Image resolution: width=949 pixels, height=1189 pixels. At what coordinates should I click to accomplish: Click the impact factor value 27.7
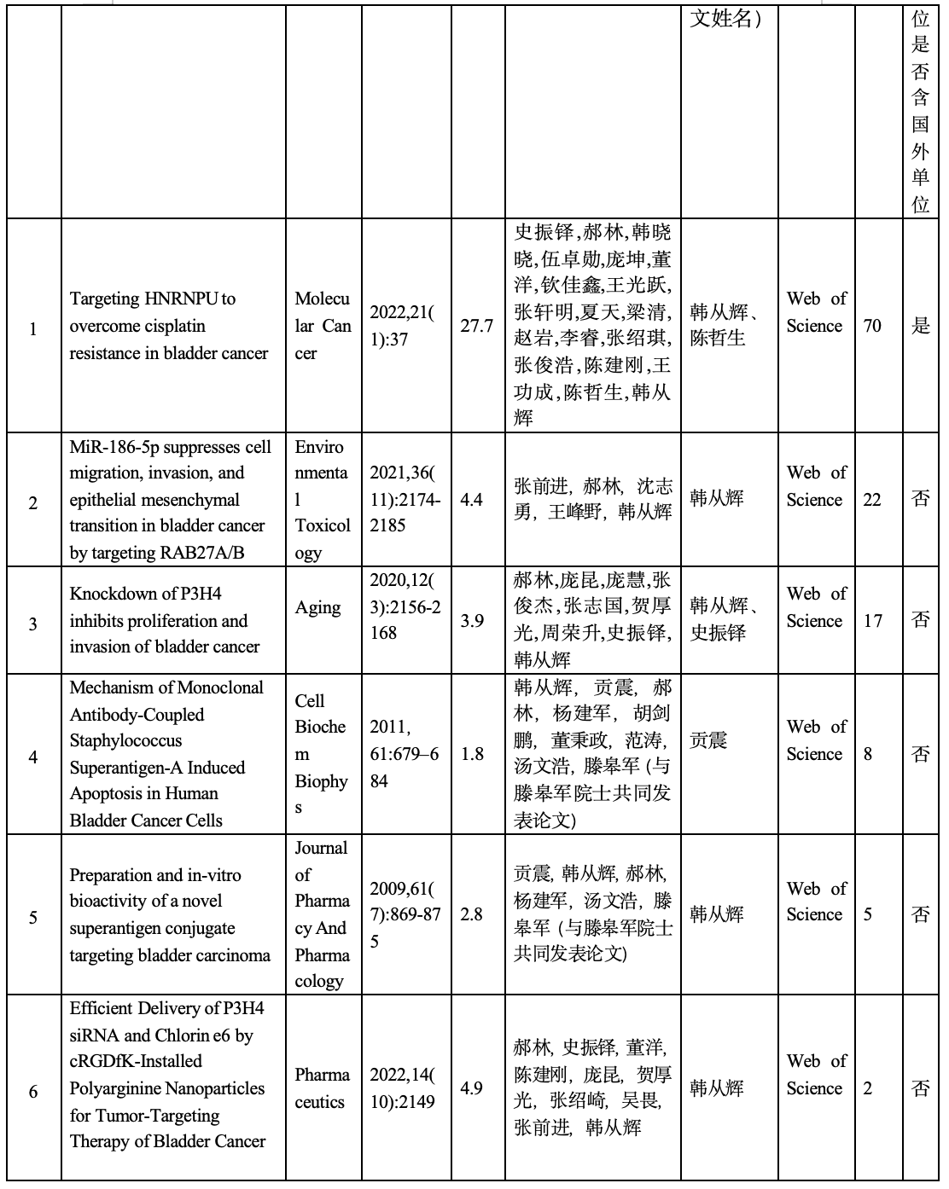pyautogui.click(x=477, y=326)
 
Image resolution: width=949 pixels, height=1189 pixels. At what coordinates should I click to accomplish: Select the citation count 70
pyautogui.click(x=872, y=326)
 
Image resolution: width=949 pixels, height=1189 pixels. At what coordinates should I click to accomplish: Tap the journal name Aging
pyautogui.click(x=318, y=607)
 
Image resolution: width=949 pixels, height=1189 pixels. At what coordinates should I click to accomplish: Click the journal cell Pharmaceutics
pyautogui.click(x=323, y=1088)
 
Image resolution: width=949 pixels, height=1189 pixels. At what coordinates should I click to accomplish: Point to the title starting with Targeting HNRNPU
pyautogui.click(x=169, y=326)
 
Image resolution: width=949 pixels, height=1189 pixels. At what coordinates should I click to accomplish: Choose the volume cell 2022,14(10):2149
pyautogui.click(x=402, y=1088)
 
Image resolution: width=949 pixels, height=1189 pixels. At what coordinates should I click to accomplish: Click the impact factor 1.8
pyautogui.click(x=472, y=754)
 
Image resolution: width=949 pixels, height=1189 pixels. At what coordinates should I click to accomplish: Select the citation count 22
pyautogui.click(x=871, y=500)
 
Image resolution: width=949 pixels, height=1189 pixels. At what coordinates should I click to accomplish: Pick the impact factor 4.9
pyautogui.click(x=472, y=1088)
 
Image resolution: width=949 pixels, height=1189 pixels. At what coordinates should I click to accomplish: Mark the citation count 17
pyautogui.click(x=872, y=621)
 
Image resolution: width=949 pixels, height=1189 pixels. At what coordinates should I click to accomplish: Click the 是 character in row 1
pyautogui.click(x=921, y=326)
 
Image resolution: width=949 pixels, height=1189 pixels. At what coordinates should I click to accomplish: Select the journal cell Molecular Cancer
pyautogui.click(x=323, y=326)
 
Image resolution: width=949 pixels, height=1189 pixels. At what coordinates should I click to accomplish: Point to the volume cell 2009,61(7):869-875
pyautogui.click(x=402, y=914)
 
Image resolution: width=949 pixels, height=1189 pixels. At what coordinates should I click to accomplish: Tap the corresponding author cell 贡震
pyautogui.click(x=708, y=740)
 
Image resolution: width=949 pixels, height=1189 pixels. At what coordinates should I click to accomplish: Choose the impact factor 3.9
pyautogui.click(x=472, y=621)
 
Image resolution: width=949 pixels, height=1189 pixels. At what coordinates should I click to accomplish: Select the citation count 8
pyautogui.click(x=868, y=754)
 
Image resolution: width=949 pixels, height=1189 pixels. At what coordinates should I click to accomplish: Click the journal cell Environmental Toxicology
pyautogui.click(x=323, y=500)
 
